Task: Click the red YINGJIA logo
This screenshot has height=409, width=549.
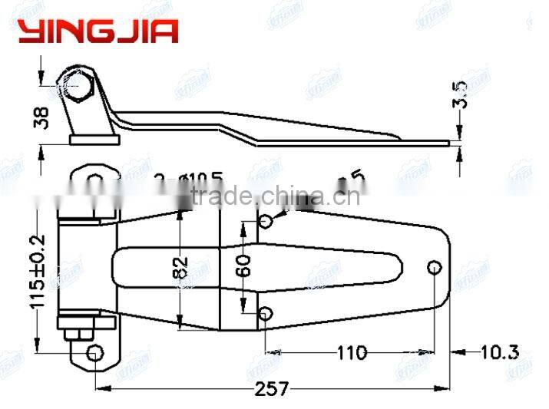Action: pos(98,30)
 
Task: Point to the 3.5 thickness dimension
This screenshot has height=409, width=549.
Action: pos(461,94)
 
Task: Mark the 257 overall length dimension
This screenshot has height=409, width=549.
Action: pos(273,388)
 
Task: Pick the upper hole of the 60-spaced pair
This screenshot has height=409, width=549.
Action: pos(265,222)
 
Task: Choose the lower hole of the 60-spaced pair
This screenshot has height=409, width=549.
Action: pos(265,313)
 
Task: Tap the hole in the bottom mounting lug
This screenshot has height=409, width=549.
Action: pos(95,352)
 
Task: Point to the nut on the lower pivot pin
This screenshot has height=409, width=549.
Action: pos(79,334)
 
